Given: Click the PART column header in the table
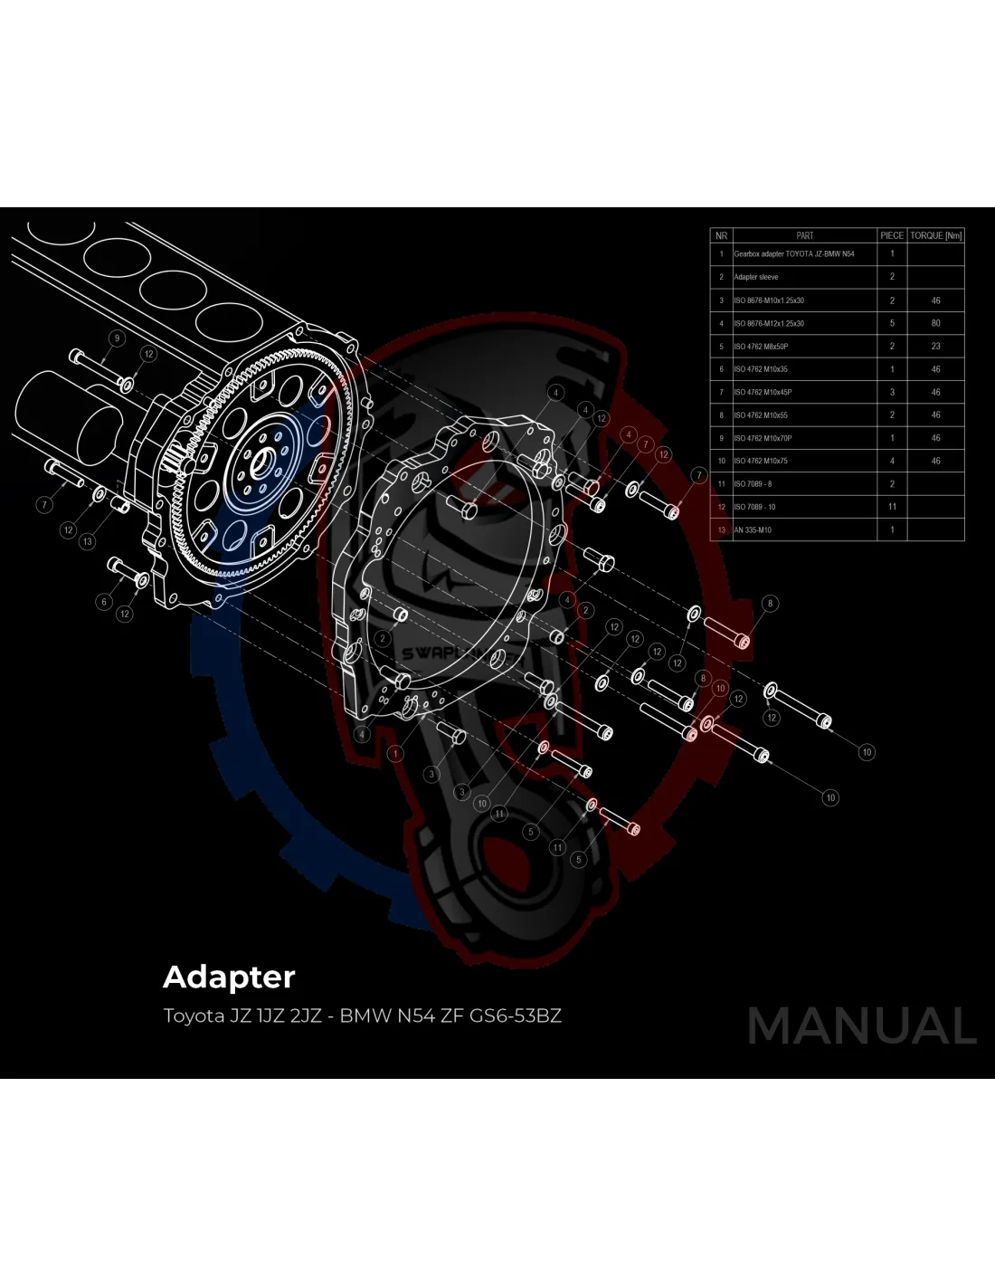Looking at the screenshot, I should pos(804,235).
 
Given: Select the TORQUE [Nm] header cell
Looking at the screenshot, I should pos(935,235).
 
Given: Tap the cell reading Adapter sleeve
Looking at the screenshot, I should pos(756,277).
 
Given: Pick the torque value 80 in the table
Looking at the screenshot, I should pos(935,323).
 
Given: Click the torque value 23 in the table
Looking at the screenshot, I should pos(935,346).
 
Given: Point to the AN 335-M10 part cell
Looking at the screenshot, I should pos(753,530).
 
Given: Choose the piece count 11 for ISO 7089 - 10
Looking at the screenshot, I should pos(892,507).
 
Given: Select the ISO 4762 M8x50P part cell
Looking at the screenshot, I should pos(761,347).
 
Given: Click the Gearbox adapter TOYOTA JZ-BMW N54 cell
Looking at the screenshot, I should pos(793,254).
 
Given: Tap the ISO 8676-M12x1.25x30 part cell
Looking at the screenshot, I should pos(769,323).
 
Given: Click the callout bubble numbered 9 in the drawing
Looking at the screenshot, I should pos(116,338).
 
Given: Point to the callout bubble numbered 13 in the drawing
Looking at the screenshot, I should pos(87,541).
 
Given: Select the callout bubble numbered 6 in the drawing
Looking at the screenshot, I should pos(104,602).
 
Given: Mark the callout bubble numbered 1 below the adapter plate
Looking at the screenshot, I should pos(395,753).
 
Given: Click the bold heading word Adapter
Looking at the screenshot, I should pos(229,977).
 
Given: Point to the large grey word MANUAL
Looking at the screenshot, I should pos(861,1025).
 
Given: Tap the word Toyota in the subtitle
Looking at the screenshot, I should pos(194,1015).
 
